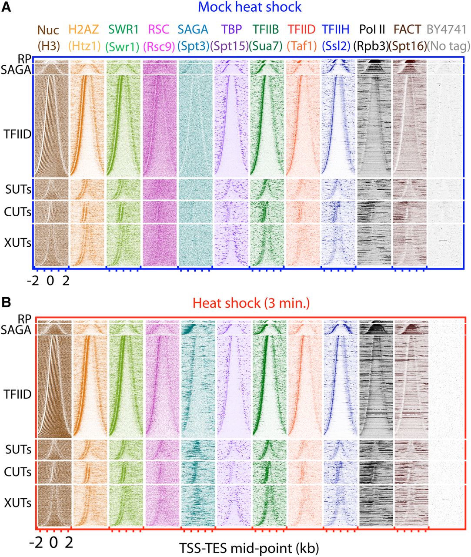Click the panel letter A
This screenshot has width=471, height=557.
pos(7,7)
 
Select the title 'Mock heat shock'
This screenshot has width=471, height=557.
pos(249,7)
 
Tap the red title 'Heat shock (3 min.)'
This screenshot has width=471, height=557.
pos(251,303)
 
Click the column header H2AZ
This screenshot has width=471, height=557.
pos(84,30)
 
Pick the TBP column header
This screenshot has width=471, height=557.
pos(231,30)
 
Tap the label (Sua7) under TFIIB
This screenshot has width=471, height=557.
pos(266,46)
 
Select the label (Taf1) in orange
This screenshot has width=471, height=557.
pos(301,46)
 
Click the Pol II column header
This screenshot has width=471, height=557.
pos(373,30)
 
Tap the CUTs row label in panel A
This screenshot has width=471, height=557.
pos(18,212)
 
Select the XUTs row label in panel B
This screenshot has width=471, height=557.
pos(18,503)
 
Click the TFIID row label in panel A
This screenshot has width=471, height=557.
pos(18,134)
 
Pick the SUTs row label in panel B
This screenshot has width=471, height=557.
pos(18,449)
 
